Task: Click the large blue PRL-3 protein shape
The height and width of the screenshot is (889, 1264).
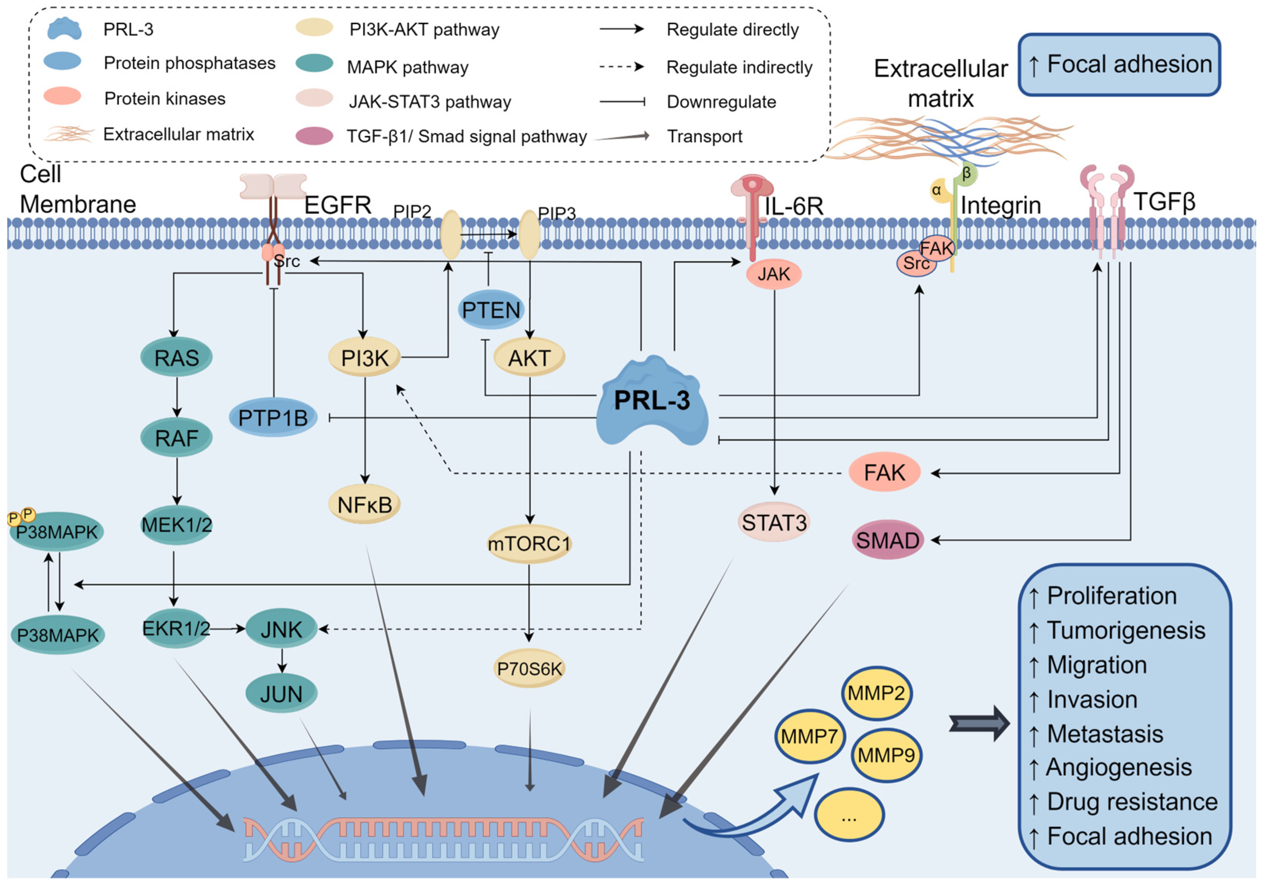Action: (652, 402)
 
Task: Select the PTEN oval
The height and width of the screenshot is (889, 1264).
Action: (491, 310)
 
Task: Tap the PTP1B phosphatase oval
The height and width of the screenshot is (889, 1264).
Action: (273, 418)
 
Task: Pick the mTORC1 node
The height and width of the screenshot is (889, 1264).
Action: (529, 544)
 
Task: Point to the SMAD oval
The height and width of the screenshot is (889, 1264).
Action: (887, 541)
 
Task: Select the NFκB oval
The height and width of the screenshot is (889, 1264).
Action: (365, 505)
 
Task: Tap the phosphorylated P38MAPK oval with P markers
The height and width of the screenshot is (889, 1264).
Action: (57, 532)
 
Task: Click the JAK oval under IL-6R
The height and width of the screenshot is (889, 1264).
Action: (773, 274)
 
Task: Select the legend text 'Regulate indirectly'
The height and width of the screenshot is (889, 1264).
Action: (739, 67)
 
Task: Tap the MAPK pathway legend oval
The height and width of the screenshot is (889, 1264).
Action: (314, 63)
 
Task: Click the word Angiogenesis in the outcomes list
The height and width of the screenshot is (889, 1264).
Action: (1119, 767)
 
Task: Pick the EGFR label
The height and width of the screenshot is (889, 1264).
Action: (338, 205)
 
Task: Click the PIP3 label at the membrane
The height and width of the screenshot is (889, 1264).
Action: (557, 213)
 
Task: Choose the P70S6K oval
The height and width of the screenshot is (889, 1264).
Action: (529, 669)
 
